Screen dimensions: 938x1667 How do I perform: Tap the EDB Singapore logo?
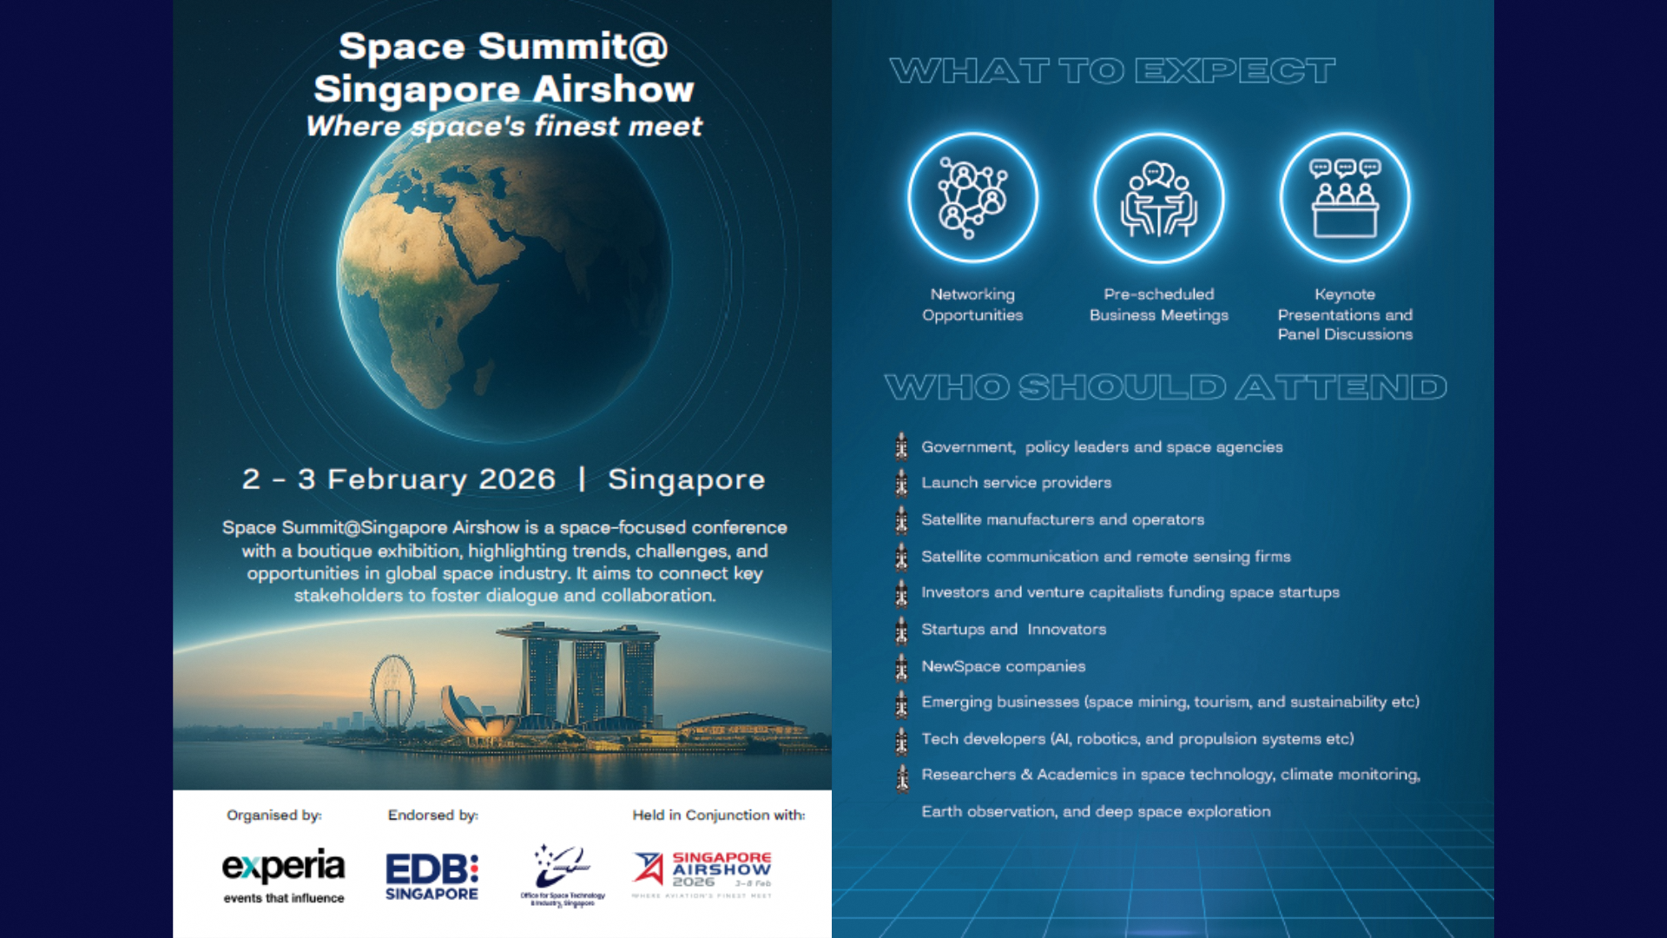tap(432, 876)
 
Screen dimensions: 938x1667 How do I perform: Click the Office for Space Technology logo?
tap(563, 875)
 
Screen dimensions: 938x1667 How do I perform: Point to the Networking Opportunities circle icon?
tap(972, 198)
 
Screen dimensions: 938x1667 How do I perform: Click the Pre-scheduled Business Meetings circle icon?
tap(1158, 198)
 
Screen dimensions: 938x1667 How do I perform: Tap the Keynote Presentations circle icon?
tap(1344, 198)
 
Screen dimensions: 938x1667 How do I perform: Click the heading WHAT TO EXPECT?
tap(1112, 71)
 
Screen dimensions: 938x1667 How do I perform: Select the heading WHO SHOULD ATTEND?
tap(1165, 387)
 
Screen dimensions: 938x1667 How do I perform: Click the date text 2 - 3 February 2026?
tap(399, 479)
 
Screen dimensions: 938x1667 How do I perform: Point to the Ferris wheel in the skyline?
tap(392, 691)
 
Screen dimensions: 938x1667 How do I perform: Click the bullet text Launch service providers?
tap(1016, 483)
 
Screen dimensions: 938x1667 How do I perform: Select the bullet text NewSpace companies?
tap(1003, 666)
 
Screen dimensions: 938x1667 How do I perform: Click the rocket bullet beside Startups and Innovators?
tap(902, 630)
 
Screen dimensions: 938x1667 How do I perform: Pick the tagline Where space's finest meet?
tap(504, 127)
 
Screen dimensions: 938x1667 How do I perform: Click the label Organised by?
tap(273, 815)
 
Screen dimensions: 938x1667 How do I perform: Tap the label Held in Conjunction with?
tap(718, 815)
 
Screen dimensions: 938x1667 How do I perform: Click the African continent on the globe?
tap(425, 287)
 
